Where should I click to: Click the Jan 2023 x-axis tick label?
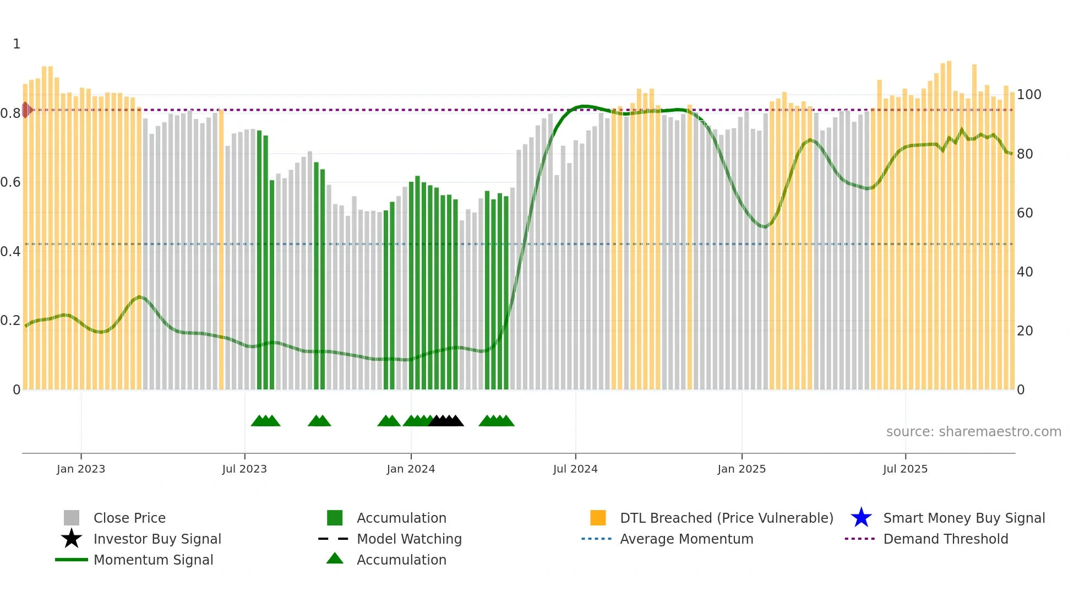click(x=81, y=469)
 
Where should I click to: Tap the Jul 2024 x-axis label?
click(x=575, y=469)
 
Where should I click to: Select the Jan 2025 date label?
click(x=742, y=469)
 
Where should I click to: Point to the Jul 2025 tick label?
click(x=905, y=469)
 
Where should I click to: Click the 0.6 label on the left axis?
click(x=10, y=182)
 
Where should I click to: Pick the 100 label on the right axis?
click(x=1028, y=95)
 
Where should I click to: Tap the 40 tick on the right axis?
click(x=1024, y=272)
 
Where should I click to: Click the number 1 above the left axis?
click(x=17, y=44)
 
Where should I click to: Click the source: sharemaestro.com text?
click(x=973, y=432)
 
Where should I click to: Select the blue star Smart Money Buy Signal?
click(x=861, y=518)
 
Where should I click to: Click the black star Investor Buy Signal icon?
click(x=72, y=539)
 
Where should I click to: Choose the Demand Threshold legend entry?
click(x=945, y=539)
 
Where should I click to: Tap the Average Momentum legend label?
click(x=686, y=539)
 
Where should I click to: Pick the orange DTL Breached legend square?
click(x=598, y=518)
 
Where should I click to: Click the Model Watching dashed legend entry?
click(x=334, y=539)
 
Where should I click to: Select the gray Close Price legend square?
click(x=72, y=518)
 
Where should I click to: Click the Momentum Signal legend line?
click(x=72, y=560)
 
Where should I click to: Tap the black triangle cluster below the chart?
click(x=446, y=421)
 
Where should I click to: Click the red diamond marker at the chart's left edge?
click(x=26, y=110)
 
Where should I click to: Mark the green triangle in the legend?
click(x=335, y=559)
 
